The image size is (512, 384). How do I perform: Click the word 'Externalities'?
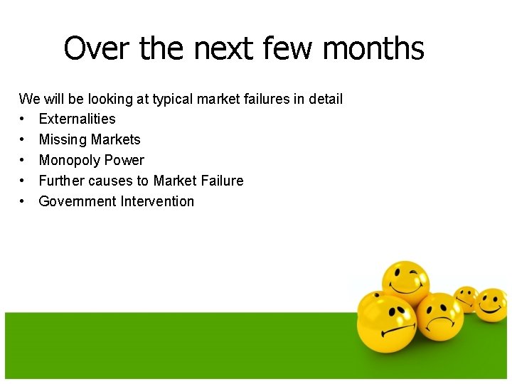[77, 119]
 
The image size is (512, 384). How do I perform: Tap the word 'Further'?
[62, 181]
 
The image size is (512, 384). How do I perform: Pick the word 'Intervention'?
[157, 201]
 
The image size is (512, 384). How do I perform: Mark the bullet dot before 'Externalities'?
[23, 119]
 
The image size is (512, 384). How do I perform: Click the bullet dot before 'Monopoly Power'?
[23, 160]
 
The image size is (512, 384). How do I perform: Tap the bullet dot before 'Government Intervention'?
[23, 201]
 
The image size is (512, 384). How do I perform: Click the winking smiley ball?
[405, 284]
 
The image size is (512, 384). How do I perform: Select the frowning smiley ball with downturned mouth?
[439, 316]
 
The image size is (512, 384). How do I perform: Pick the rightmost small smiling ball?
[491, 304]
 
